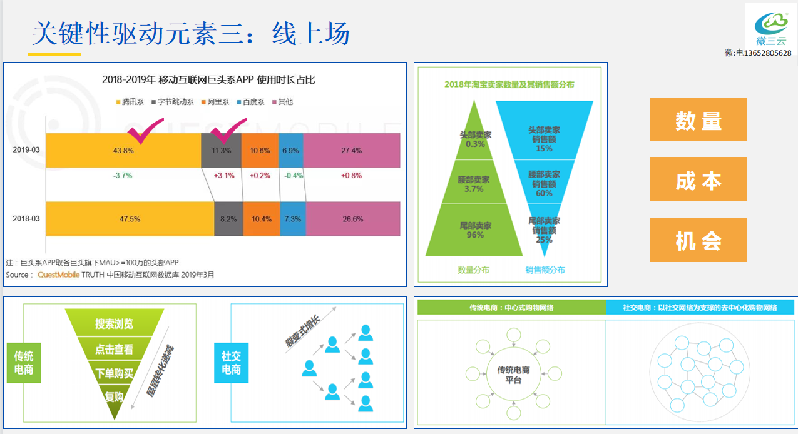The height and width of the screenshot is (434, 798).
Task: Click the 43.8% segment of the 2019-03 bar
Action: (123, 150)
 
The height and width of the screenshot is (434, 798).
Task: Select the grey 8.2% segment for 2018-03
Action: (228, 219)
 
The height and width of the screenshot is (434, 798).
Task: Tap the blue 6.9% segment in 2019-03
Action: (290, 150)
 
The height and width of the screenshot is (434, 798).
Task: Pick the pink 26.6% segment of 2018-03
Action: (353, 219)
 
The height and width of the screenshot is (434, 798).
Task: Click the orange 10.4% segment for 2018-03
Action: (262, 219)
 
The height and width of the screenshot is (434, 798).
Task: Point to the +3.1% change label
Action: (224, 176)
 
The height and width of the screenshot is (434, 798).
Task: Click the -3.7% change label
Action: (123, 176)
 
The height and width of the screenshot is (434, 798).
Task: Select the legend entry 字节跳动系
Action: (172, 102)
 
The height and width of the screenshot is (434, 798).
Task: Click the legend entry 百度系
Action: (250, 102)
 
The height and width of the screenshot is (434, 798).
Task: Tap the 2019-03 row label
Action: (26, 150)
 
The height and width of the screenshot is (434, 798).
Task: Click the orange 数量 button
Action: (698, 119)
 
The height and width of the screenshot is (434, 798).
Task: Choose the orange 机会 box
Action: (698, 240)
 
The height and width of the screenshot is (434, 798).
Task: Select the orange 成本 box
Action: (698, 179)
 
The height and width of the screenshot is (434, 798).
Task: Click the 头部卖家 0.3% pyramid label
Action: (475, 139)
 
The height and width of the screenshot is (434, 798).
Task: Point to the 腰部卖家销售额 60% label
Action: (544, 184)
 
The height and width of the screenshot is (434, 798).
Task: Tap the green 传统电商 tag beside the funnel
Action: (24, 363)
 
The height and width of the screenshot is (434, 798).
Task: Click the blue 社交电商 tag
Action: (231, 363)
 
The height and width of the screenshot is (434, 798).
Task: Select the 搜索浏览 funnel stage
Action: (114, 324)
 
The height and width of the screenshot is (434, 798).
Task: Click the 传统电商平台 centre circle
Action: (513, 374)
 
